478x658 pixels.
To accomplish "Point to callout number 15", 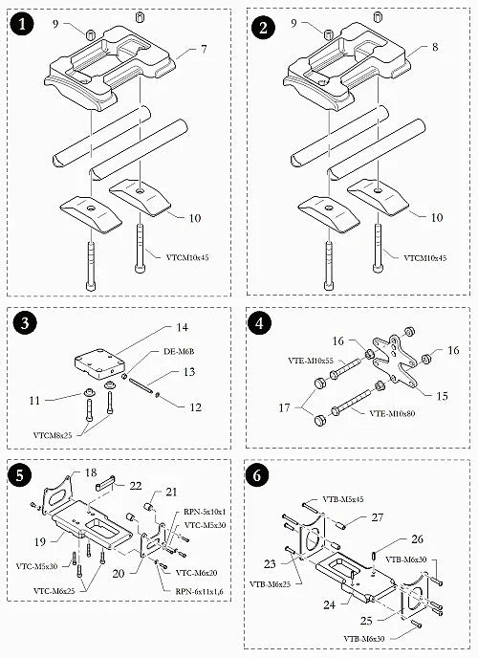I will (x=442, y=394).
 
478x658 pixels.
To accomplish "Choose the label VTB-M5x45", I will (x=345, y=498).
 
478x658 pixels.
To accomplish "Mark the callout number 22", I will (x=135, y=485).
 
